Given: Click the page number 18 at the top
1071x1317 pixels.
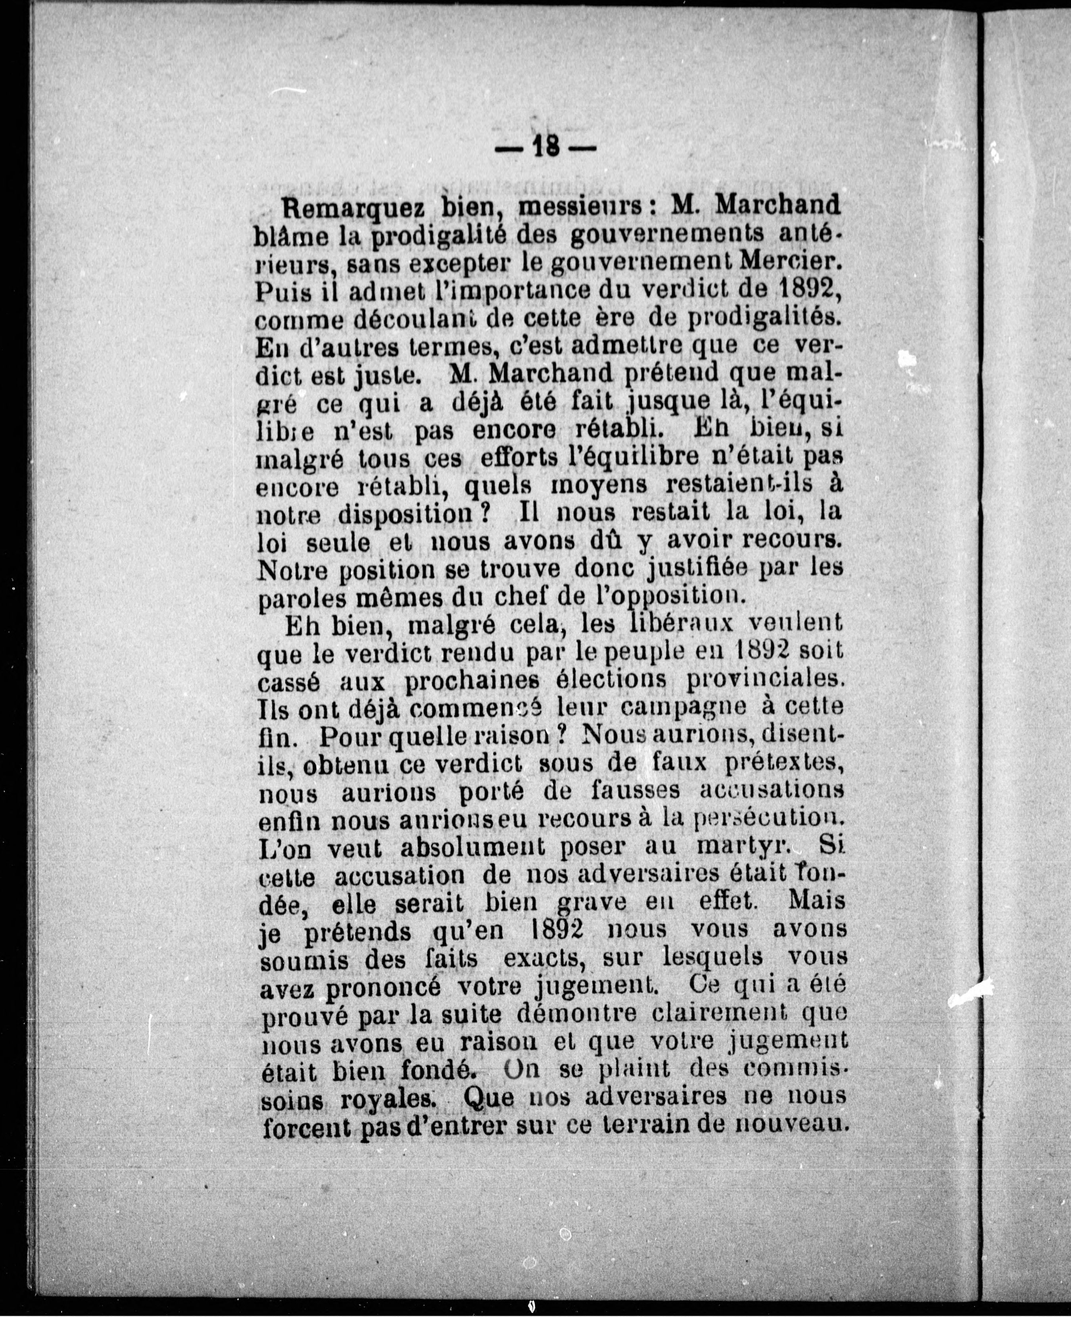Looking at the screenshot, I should [x=547, y=148].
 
